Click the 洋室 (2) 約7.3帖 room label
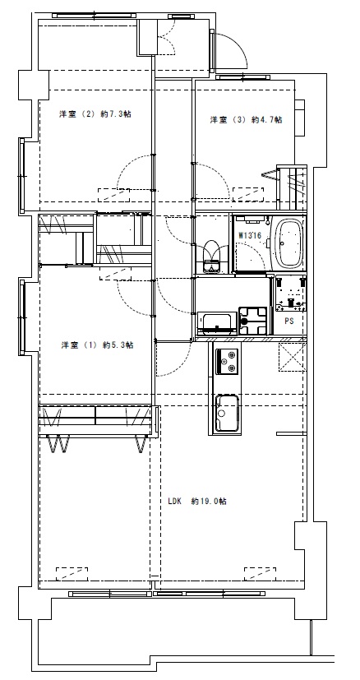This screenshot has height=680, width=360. point(95,114)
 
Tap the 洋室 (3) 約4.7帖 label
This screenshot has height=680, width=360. point(246,120)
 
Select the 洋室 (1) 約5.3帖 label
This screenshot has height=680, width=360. point(97,345)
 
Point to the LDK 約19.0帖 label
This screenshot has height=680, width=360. point(197,502)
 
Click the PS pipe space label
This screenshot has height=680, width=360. point(288,321)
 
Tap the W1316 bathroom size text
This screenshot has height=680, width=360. point(250,235)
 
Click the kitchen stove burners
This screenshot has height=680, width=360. point(228,361)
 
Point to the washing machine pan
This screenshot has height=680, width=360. point(253,321)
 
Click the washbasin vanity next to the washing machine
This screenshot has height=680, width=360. point(217,323)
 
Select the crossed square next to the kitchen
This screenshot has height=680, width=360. point(293,358)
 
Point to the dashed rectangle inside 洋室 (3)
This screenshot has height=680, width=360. point(248,194)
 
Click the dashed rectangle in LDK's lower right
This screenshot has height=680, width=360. point(260,574)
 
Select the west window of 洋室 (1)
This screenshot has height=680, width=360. point(21,317)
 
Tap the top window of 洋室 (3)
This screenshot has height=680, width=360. point(243,77)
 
